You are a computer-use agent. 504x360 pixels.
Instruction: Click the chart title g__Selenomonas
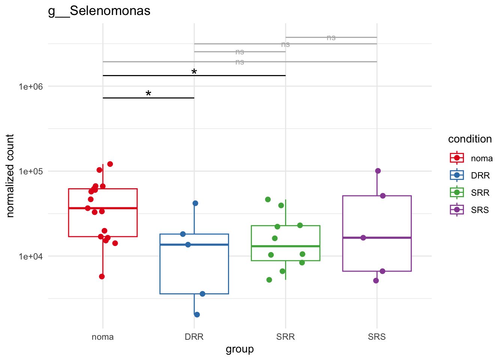click(x=99, y=11)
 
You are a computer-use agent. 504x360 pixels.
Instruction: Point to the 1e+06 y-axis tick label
click(x=31, y=87)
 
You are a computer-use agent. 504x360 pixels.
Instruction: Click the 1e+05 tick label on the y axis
click(x=31, y=171)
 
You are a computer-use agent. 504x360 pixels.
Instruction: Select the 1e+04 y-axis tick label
click(x=31, y=256)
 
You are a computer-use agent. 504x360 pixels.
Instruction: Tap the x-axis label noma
click(x=103, y=337)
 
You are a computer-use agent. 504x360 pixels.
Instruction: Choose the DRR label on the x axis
click(x=194, y=337)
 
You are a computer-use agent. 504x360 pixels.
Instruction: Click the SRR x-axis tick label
click(x=285, y=337)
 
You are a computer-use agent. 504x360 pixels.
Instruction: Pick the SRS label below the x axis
click(x=377, y=337)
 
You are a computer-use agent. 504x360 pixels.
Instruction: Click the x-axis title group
click(x=240, y=349)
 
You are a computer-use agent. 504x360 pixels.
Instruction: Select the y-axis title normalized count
click(x=10, y=176)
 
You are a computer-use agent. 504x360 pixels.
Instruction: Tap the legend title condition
click(x=470, y=139)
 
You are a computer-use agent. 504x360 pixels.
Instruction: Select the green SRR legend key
click(x=457, y=193)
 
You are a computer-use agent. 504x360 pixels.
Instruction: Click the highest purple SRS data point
click(x=378, y=171)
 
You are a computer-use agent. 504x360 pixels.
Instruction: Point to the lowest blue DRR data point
click(x=197, y=315)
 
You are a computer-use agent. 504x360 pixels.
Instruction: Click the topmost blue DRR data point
click(x=195, y=203)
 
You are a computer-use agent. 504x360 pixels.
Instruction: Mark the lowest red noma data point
click(x=102, y=277)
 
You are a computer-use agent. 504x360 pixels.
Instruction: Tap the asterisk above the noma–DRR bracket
click(x=148, y=94)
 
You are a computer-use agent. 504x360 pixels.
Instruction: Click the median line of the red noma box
click(x=103, y=208)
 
